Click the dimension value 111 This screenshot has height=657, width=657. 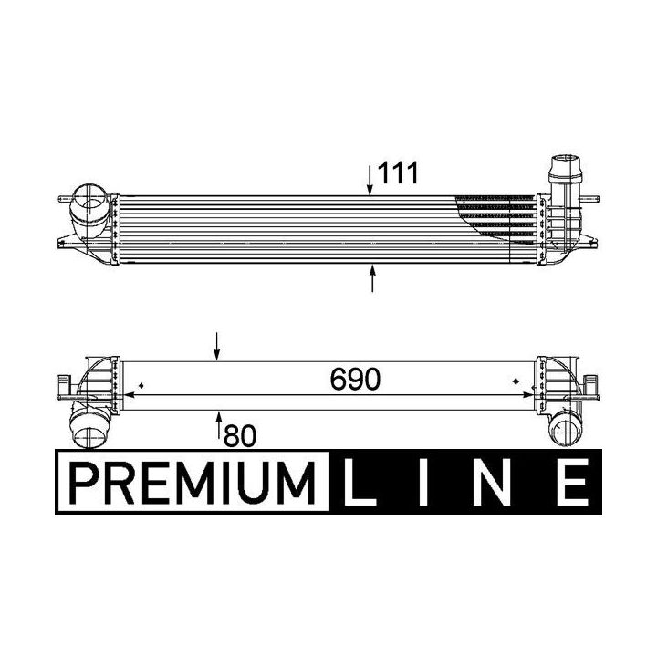tap(398, 173)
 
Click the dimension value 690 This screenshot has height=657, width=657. tap(355, 380)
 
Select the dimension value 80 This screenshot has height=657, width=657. tap(240, 436)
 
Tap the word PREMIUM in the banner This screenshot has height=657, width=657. tap(192, 483)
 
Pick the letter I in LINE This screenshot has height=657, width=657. tap(423, 482)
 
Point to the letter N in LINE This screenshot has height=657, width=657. tap(491, 482)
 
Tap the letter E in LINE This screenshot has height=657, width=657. tap(572, 482)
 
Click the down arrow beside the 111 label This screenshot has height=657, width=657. tap(370, 181)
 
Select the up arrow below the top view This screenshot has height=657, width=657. tap(372, 277)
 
